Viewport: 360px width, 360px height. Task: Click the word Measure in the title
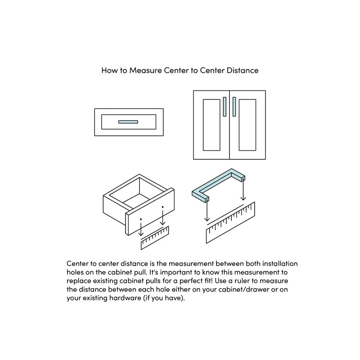(x=145, y=71)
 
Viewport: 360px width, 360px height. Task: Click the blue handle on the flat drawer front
(x=128, y=121)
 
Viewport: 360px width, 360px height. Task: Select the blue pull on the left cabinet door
(x=225, y=107)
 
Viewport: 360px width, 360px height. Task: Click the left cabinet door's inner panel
(x=211, y=125)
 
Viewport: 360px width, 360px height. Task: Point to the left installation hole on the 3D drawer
(x=141, y=219)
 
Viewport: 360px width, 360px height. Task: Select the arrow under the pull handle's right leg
(x=243, y=191)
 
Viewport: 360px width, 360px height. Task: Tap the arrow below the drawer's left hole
(x=141, y=229)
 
